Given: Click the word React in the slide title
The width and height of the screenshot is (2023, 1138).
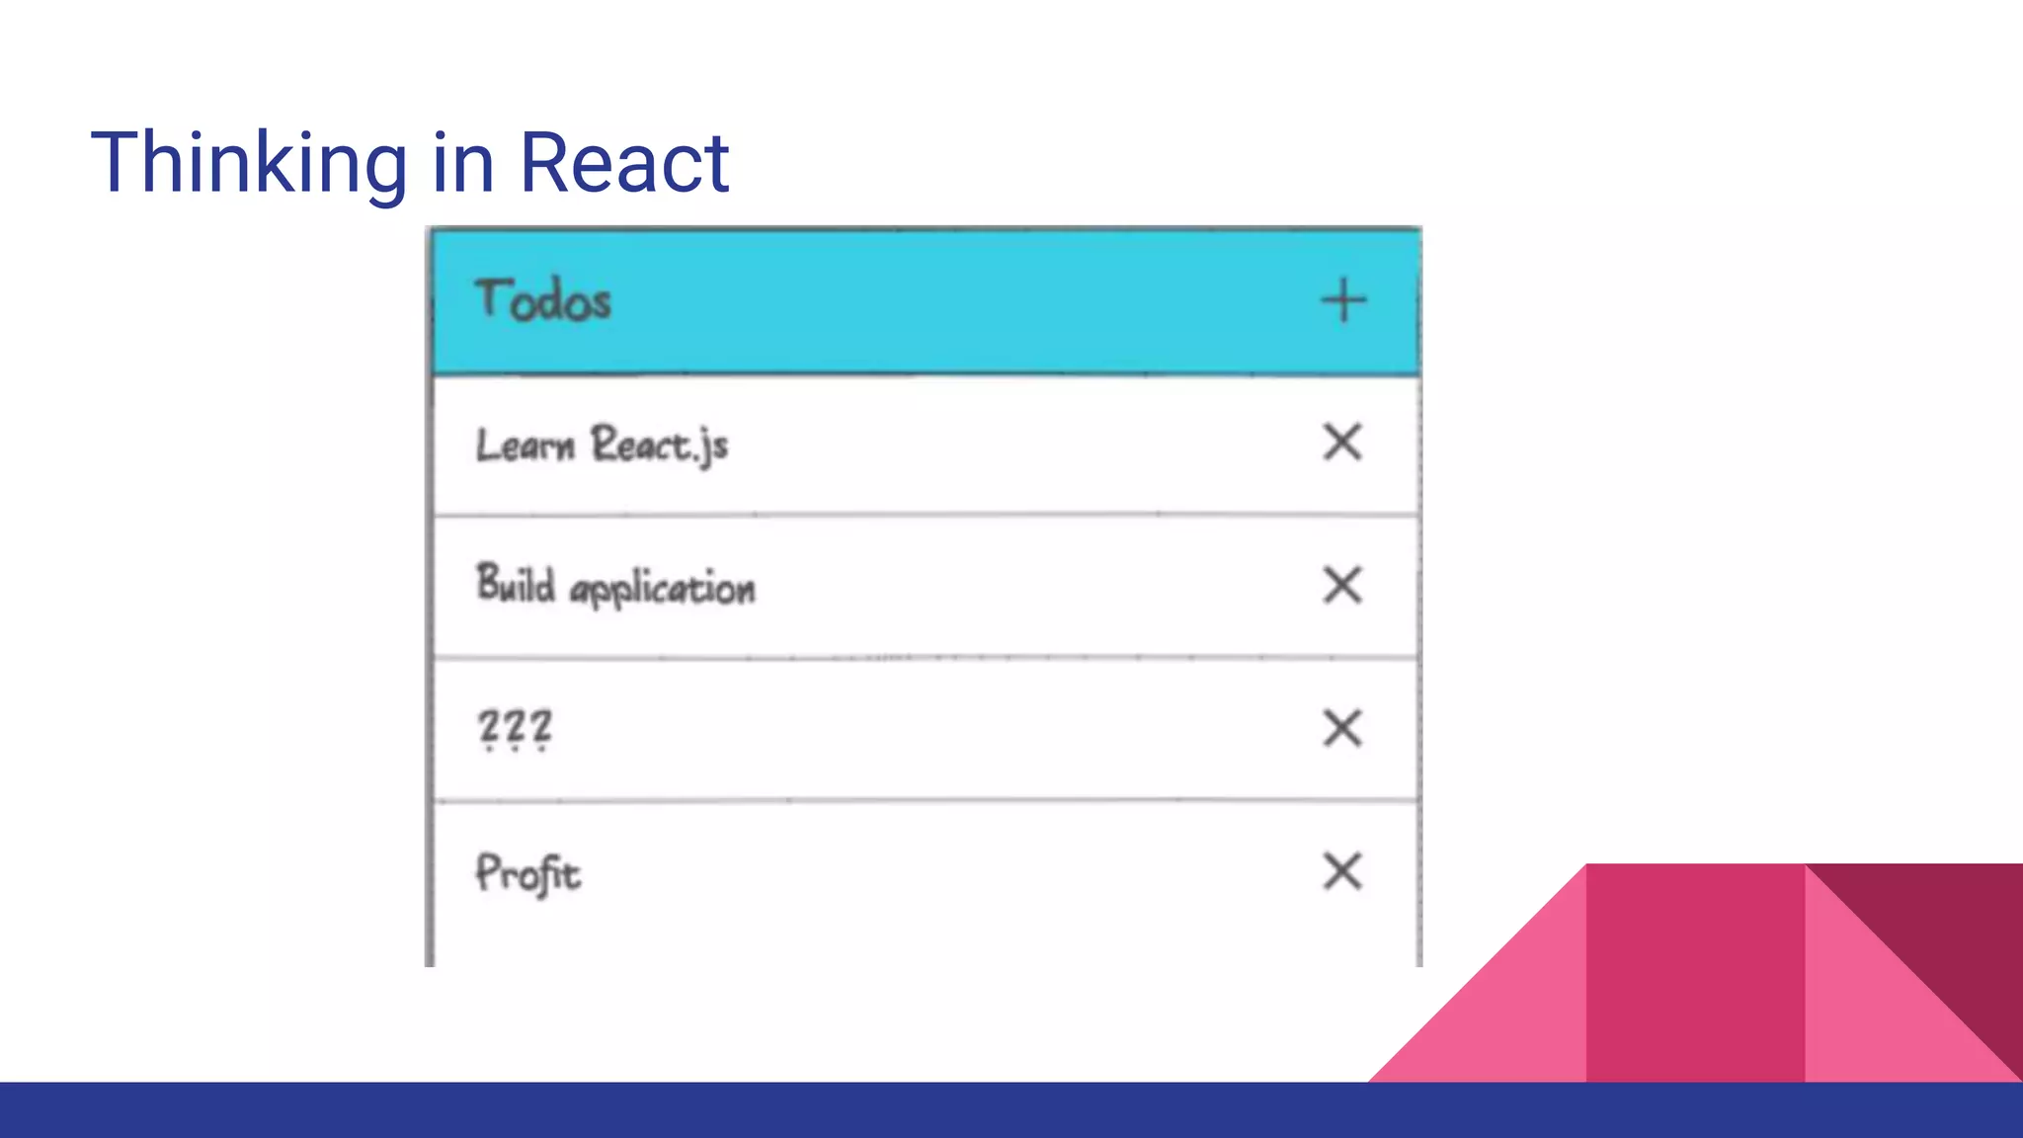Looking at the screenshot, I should (x=624, y=163).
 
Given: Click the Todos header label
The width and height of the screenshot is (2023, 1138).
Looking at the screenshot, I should (x=543, y=300).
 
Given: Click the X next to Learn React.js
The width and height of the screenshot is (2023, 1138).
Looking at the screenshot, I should (x=1342, y=443).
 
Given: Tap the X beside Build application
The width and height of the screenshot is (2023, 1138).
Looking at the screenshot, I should (x=1342, y=585).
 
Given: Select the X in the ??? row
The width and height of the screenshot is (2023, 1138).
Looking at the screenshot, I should (x=1342, y=729).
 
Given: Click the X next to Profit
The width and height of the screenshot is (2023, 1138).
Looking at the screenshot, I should (x=1342, y=871).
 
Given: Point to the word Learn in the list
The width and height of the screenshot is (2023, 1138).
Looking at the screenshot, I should (x=525, y=446).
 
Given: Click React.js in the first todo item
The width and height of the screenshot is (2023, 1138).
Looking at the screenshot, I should (x=660, y=446).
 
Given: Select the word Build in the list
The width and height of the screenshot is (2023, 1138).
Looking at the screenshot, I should (x=516, y=584).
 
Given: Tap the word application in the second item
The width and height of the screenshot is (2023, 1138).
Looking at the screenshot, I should (x=663, y=590).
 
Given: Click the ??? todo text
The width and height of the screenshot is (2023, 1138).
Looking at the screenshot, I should (x=515, y=730).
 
